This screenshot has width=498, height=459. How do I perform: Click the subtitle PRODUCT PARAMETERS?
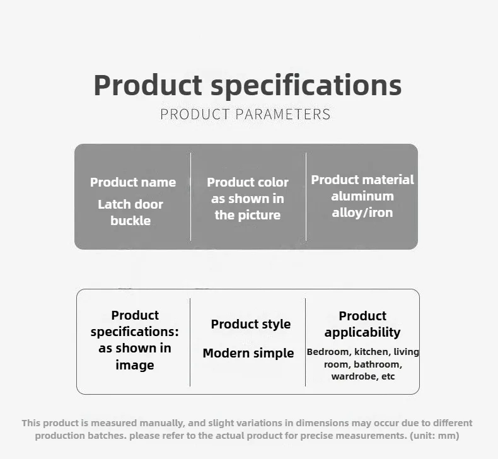(x=245, y=114)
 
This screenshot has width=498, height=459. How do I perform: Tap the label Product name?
(x=133, y=182)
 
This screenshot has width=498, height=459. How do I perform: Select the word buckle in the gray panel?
(x=130, y=221)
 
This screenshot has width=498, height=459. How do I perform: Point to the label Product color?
(x=248, y=182)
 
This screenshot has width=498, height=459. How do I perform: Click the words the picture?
(x=248, y=215)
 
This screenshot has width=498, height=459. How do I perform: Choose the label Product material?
(x=362, y=180)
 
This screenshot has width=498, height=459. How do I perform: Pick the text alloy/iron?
(x=362, y=212)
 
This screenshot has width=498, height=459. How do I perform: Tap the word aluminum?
(x=362, y=196)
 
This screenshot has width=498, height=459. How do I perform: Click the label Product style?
(x=251, y=324)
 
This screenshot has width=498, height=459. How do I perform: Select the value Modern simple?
(x=248, y=353)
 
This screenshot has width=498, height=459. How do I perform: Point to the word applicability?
(x=362, y=332)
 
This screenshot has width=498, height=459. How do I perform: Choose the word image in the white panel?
(x=135, y=365)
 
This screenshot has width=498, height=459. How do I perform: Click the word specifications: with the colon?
(x=135, y=332)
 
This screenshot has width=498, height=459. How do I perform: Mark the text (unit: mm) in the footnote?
(x=434, y=436)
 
